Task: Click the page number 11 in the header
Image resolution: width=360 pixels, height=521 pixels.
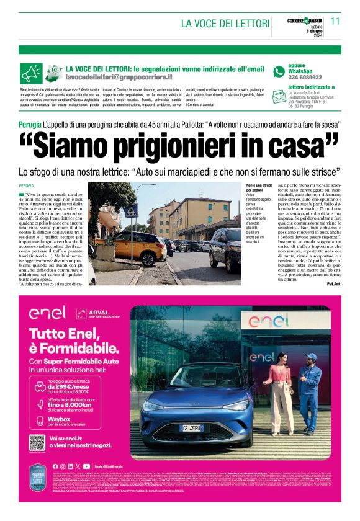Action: coord(335,20)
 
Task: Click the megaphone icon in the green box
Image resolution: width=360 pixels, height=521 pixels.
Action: coord(31,73)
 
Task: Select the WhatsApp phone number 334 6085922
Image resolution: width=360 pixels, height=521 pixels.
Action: coord(305,78)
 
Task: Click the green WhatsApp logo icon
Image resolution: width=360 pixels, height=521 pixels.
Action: coord(279,71)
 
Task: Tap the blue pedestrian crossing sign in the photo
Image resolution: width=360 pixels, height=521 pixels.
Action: coord(132,212)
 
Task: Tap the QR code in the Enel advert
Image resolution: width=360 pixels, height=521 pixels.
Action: coord(37,443)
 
